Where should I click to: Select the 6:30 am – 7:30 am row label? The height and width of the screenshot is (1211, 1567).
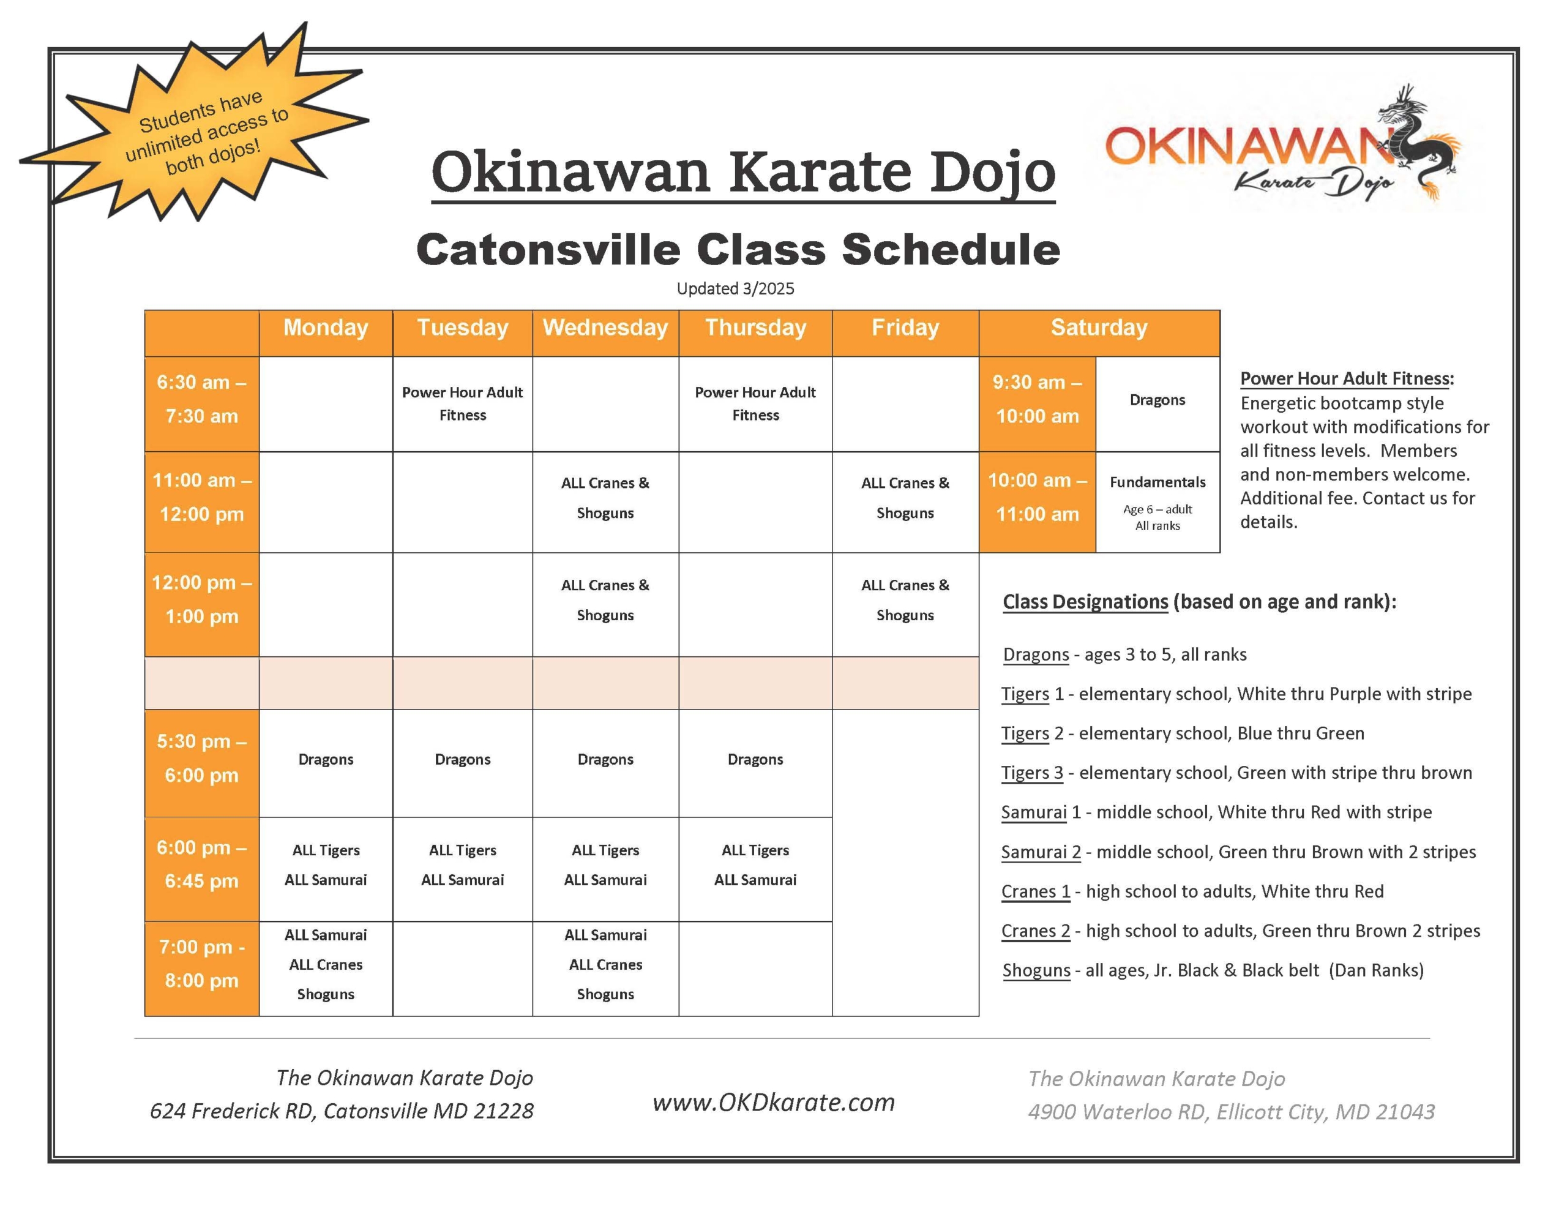coord(201,399)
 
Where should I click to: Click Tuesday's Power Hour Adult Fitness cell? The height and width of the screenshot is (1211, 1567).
coord(462,403)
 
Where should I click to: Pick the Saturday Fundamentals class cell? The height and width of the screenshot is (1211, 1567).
coord(1157,502)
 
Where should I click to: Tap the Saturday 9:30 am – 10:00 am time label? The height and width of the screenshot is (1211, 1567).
coord(1038,399)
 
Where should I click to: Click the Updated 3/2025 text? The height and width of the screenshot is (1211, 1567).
coord(735,288)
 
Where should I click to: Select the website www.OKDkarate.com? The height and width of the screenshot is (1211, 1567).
coord(774,1102)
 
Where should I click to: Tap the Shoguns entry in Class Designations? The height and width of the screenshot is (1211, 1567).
coord(1213,970)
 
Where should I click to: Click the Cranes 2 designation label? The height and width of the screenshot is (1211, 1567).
coord(1035,931)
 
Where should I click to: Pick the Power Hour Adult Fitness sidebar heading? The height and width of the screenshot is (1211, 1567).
coord(1347,378)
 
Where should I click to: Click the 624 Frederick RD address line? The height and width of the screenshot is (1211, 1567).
coord(342,1111)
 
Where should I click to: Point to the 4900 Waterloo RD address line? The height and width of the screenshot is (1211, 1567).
coord(1231,1112)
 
